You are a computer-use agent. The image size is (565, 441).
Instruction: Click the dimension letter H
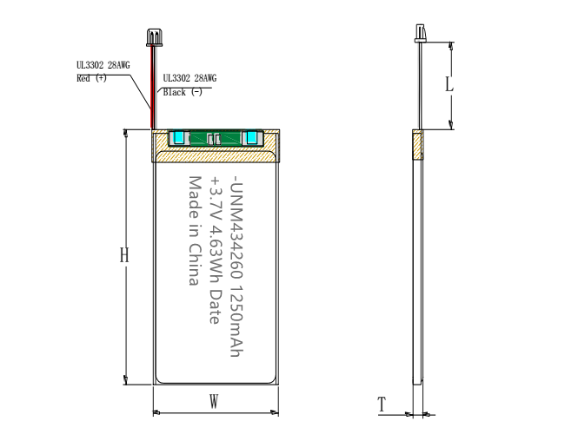[x=124, y=255]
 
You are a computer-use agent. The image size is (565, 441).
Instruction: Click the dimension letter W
[x=214, y=401]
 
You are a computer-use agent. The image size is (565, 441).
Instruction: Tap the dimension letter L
[x=449, y=84]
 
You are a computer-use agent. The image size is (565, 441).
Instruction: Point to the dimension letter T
[x=382, y=404]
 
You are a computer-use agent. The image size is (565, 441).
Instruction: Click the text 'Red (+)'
[x=91, y=78]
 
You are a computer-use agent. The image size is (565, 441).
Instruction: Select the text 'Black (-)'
[x=183, y=92]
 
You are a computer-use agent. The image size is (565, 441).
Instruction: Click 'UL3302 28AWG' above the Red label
[x=103, y=65]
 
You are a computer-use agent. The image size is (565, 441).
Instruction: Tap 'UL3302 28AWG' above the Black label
[x=189, y=78]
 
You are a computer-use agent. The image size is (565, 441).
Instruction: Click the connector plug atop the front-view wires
[x=154, y=38]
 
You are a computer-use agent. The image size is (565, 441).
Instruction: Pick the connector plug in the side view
[x=420, y=33]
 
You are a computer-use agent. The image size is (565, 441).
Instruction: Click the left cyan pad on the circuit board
[x=179, y=137]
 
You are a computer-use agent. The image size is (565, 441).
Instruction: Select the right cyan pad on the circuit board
[x=251, y=137]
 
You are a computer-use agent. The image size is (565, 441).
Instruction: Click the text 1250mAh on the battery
[x=236, y=321]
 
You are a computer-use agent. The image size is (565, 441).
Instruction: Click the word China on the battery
[x=195, y=264]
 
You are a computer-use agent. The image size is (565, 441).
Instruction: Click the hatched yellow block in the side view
[x=418, y=145]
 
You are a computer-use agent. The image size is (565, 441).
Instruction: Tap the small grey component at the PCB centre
[x=214, y=139]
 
